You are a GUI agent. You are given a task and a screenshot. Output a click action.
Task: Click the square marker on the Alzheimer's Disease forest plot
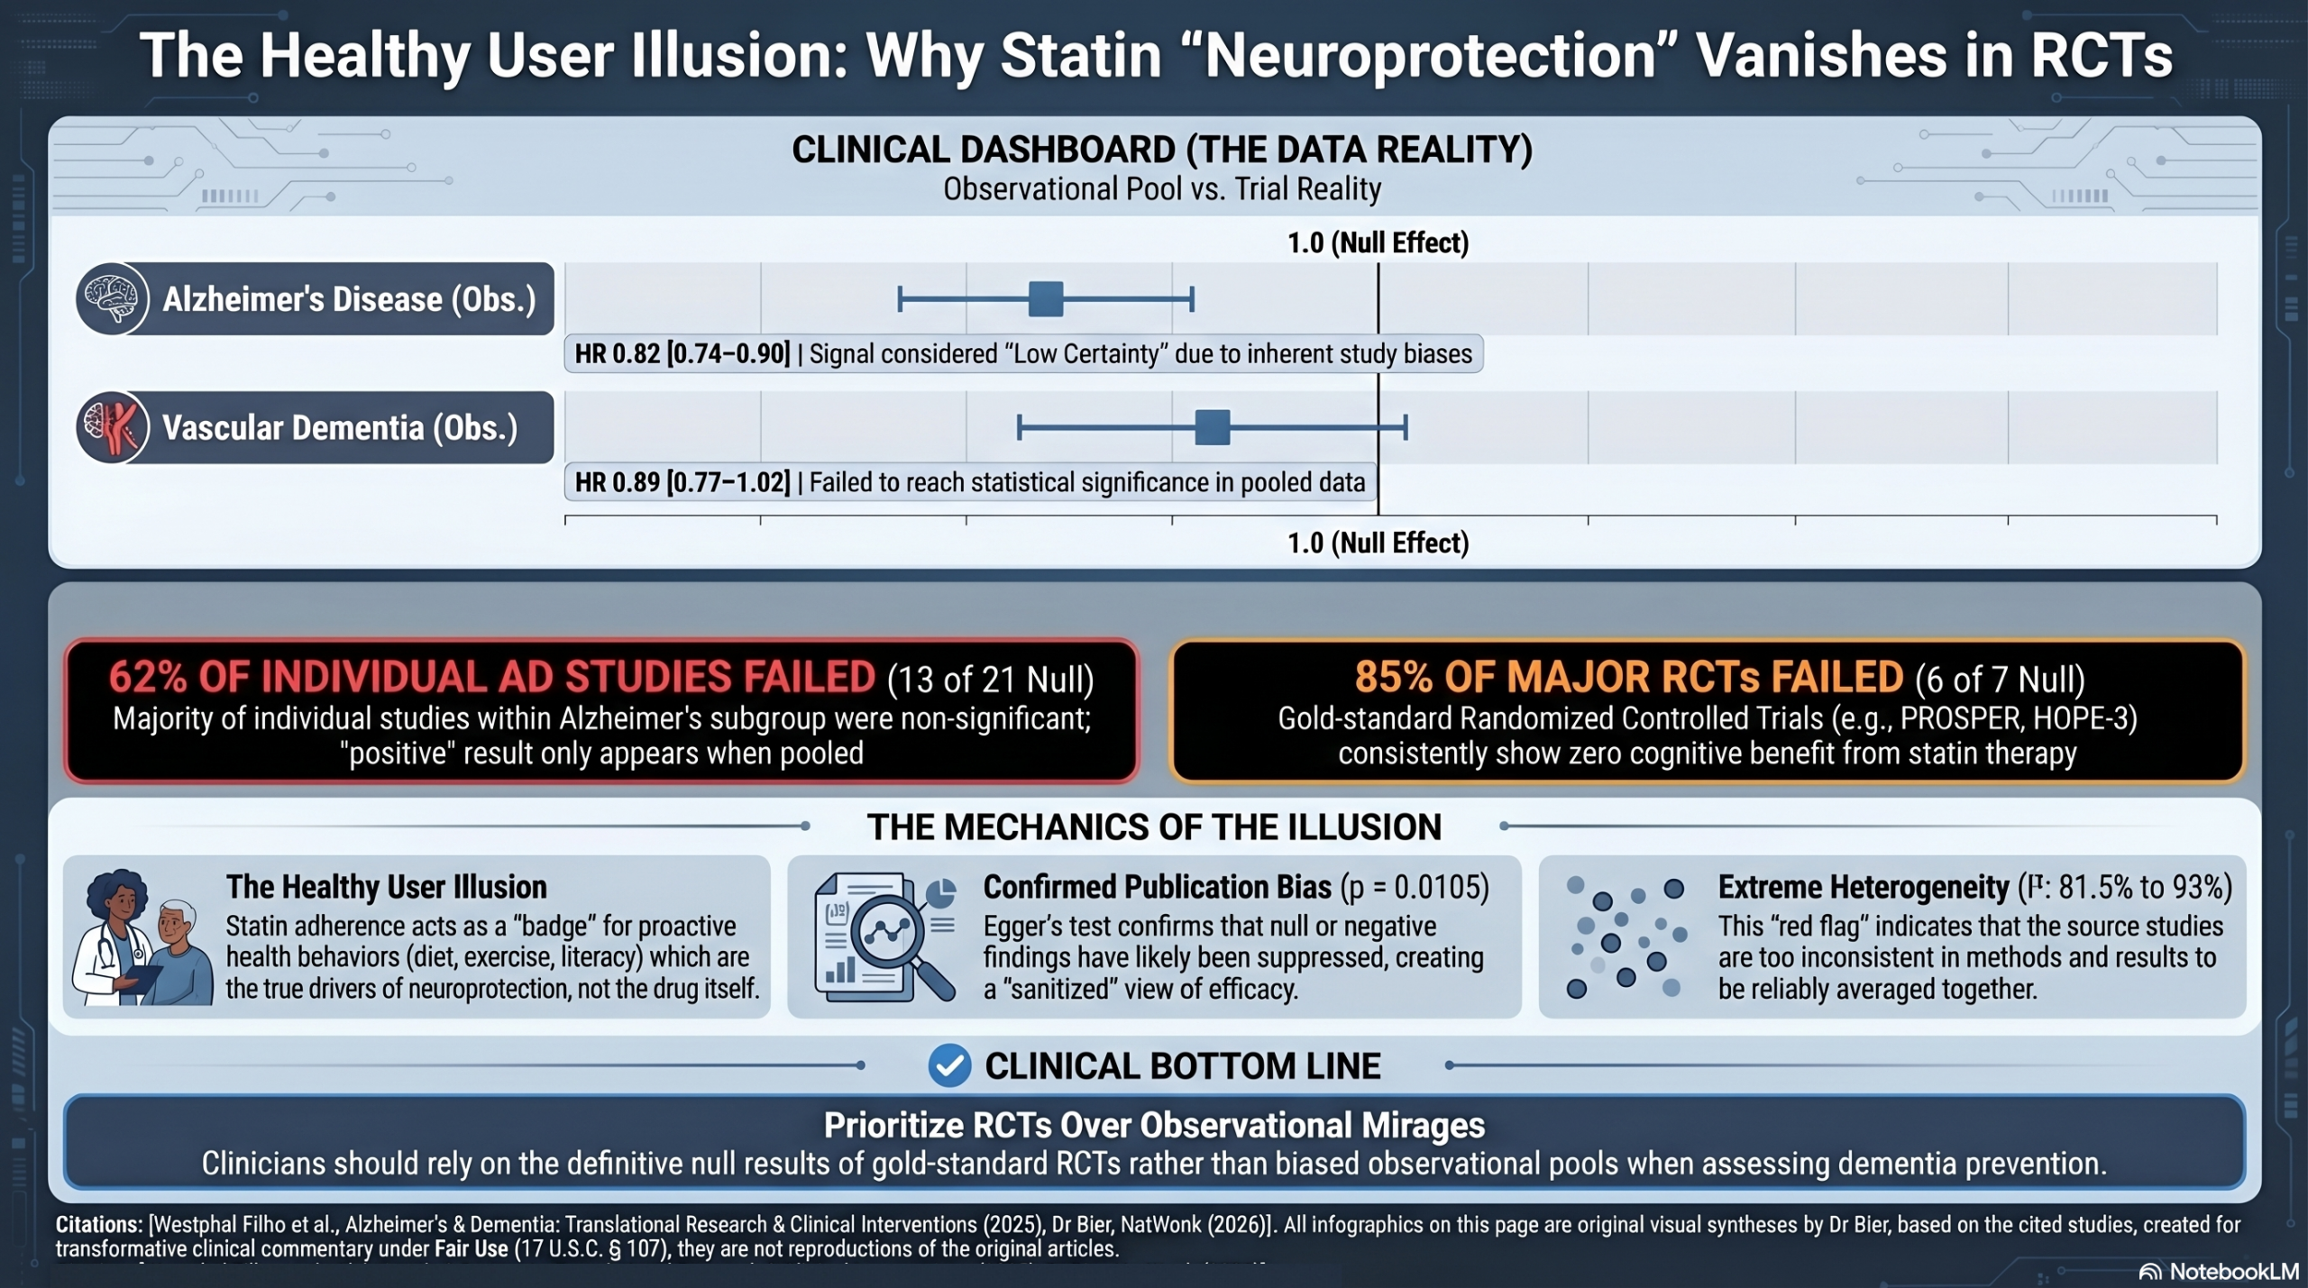tap(1046, 299)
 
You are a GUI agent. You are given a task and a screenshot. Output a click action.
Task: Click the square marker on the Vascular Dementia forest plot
tap(1213, 427)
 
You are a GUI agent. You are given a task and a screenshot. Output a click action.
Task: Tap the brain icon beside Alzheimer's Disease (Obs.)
tap(113, 299)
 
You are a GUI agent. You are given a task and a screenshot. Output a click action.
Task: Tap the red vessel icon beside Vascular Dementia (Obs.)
tap(113, 427)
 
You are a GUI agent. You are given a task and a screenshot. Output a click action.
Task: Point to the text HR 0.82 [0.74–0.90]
tap(682, 354)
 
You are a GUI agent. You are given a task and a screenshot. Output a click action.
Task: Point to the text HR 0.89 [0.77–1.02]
tap(682, 483)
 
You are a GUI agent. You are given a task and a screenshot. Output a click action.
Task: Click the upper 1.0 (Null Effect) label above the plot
tap(1378, 242)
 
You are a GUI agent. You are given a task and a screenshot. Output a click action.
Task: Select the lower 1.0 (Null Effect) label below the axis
tap(1378, 543)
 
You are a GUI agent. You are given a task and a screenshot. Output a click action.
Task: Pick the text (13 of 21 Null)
tap(991, 680)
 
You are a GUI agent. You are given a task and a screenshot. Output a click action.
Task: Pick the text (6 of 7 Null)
tap(2000, 680)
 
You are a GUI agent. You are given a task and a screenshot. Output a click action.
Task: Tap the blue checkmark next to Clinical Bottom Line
tap(949, 1065)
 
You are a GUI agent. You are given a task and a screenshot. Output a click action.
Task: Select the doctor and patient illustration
tap(142, 937)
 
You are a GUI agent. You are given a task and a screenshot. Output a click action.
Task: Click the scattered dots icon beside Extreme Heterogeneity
tap(1626, 936)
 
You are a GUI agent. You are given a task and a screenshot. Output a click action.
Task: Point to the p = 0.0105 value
tap(1416, 888)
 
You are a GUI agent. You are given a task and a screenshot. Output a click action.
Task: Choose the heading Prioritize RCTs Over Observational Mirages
tap(1154, 1125)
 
